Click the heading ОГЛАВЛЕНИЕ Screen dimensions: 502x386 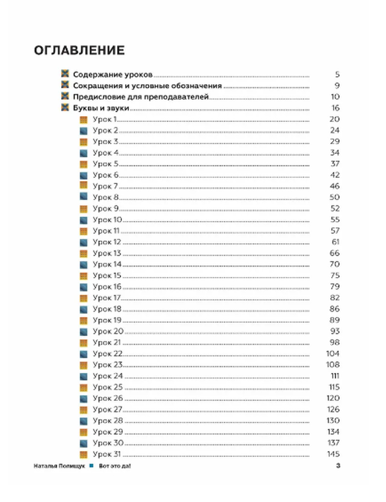point(79,51)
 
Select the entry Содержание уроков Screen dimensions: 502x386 point(113,75)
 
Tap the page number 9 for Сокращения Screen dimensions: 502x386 point(337,86)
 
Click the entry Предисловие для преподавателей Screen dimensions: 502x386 point(141,97)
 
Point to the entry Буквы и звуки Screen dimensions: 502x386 point(101,108)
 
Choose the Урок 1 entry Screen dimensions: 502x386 point(105,119)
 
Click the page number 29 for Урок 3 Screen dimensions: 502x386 point(335,141)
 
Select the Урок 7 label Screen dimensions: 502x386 point(105,186)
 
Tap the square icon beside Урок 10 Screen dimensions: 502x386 point(83,220)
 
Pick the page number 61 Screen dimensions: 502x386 point(335,242)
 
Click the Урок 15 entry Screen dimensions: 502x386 point(107,275)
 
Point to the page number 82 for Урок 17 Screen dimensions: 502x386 point(335,298)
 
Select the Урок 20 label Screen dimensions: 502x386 point(108,331)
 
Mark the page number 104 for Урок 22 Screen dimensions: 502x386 point(333,353)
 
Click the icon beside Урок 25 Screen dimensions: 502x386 point(83,387)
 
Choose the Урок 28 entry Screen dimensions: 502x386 point(108,421)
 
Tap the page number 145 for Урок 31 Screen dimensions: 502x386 point(333,454)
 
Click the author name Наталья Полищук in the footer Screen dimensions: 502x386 point(59,466)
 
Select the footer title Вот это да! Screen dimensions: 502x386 point(115,466)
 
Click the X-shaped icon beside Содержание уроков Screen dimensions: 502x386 point(65,74)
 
